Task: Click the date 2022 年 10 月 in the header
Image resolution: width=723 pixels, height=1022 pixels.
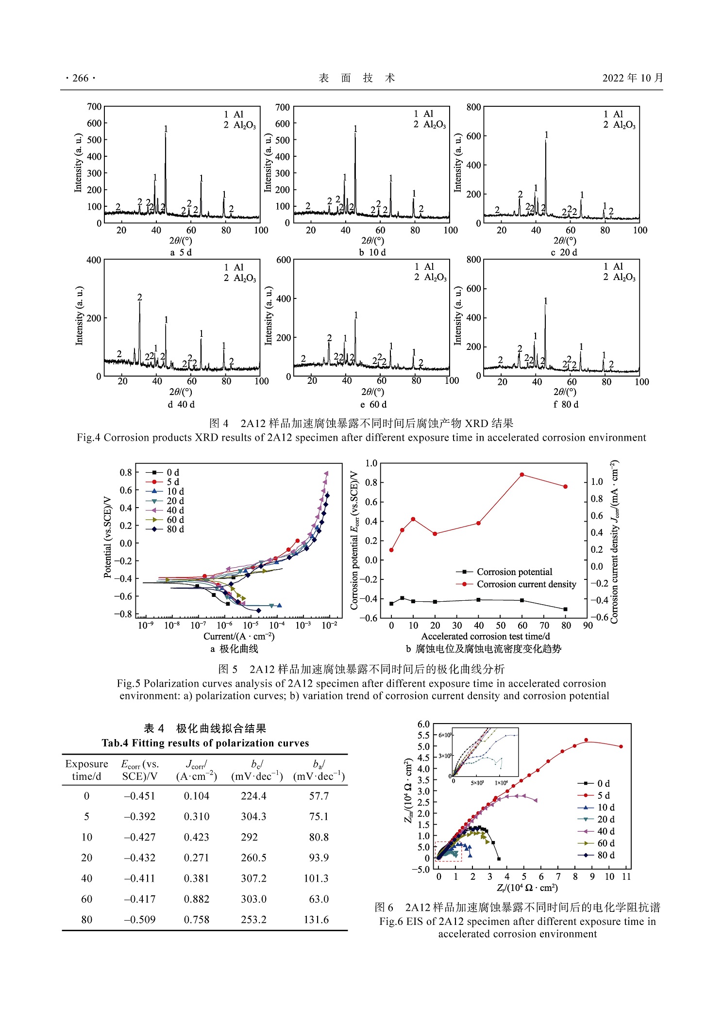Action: click(x=632, y=78)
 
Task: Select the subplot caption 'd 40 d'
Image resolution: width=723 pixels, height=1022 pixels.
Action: click(x=181, y=404)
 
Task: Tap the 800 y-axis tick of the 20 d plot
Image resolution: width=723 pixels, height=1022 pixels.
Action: click(x=473, y=107)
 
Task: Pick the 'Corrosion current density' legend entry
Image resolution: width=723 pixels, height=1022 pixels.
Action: click(x=526, y=584)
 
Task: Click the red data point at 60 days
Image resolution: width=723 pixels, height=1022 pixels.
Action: click(x=522, y=475)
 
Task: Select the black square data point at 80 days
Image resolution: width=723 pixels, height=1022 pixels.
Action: click(x=565, y=609)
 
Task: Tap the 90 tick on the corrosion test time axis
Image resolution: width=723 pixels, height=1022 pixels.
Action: click(x=588, y=626)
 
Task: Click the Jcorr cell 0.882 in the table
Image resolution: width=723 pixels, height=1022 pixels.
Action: click(x=197, y=899)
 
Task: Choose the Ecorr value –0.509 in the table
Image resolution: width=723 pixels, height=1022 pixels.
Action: click(x=140, y=920)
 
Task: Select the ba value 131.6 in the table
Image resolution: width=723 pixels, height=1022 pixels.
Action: click(x=316, y=920)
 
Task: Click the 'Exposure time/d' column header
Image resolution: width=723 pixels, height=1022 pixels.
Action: click(x=86, y=770)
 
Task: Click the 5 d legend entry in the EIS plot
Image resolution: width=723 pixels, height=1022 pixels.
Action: click(x=603, y=795)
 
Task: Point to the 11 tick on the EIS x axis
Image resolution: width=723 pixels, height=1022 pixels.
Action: click(x=626, y=876)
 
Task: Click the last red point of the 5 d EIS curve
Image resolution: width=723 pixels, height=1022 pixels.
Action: click(x=621, y=746)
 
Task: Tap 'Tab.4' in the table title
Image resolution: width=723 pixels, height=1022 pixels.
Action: click(x=115, y=743)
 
